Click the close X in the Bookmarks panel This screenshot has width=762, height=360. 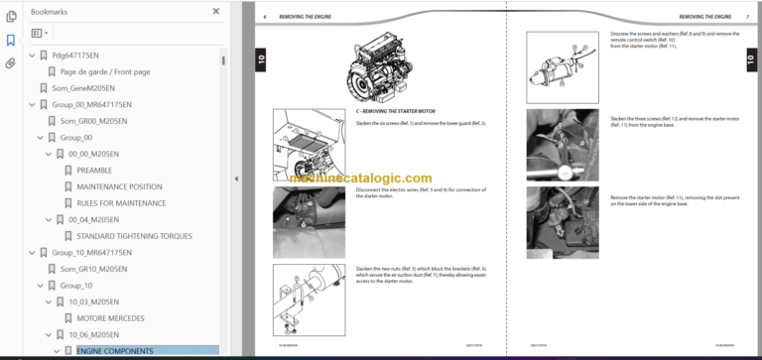pos(216,11)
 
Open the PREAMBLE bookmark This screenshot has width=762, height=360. pos(94,171)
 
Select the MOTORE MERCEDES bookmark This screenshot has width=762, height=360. pos(110,317)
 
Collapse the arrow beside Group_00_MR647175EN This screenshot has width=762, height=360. pos(30,104)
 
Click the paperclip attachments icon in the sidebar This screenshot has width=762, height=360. pos(10,62)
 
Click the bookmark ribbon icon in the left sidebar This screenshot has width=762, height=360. pos(10,41)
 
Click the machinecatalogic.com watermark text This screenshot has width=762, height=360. pos(362,178)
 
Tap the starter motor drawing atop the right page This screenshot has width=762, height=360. pos(561,64)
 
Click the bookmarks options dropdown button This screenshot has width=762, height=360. pos(40,33)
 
